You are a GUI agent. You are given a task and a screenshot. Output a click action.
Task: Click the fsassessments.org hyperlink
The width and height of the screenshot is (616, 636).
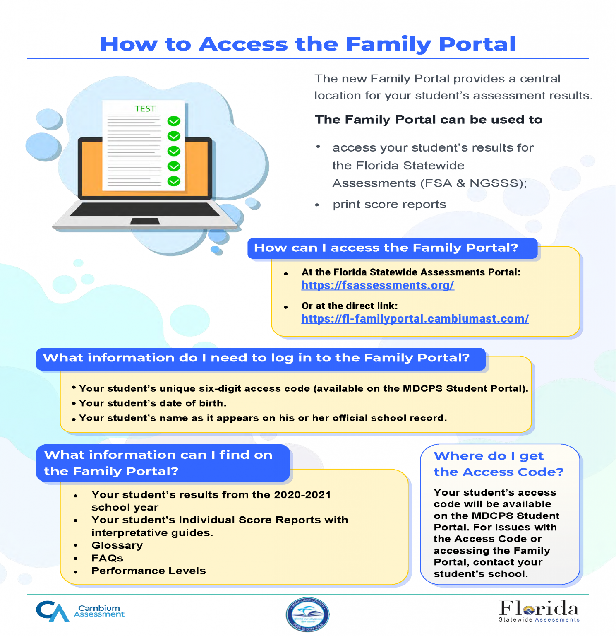click(378, 285)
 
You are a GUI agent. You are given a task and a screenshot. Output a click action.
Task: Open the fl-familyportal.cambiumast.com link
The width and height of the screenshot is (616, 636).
click(415, 319)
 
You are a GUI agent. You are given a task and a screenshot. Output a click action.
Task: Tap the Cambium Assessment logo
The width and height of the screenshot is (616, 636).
click(80, 611)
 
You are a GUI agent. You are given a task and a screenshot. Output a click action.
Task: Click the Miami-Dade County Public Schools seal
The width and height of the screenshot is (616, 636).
click(307, 614)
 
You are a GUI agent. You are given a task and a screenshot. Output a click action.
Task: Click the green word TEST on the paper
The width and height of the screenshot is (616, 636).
click(145, 109)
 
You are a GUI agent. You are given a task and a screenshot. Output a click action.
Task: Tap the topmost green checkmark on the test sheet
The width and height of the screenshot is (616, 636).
click(174, 121)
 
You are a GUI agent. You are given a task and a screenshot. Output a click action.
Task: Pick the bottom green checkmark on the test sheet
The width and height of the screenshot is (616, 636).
click(174, 181)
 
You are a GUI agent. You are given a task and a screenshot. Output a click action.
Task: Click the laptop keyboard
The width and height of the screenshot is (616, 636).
click(145, 209)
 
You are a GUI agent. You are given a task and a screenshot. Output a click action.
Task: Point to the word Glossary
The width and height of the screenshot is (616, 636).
click(117, 545)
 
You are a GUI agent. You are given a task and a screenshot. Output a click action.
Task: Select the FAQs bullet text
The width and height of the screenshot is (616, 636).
click(107, 558)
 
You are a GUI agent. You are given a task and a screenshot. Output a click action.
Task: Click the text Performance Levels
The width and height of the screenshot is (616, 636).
click(149, 571)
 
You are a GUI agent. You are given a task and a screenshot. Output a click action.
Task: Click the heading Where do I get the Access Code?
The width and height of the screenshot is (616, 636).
click(499, 464)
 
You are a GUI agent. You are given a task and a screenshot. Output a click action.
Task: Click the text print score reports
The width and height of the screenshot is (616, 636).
click(389, 205)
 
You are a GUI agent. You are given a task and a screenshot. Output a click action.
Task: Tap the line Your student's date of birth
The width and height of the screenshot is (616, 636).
click(153, 403)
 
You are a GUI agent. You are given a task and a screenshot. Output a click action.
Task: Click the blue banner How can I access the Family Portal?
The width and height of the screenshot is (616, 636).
click(393, 248)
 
